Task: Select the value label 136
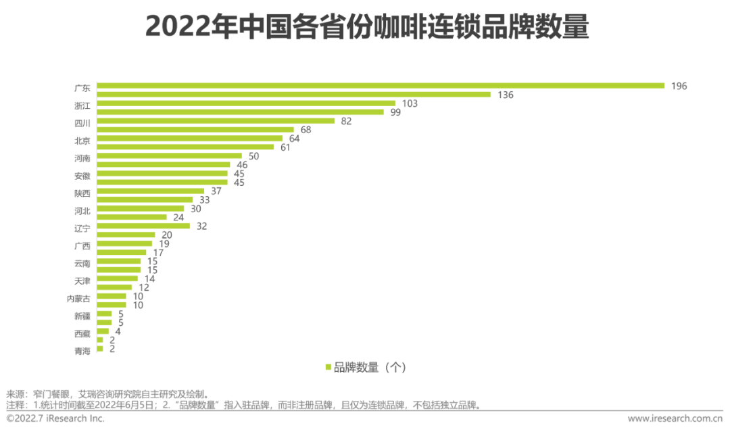(505, 95)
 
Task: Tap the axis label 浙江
(82, 105)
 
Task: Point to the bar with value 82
(216, 121)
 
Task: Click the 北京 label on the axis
(82, 141)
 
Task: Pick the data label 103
(410, 103)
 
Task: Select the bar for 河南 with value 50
(169, 156)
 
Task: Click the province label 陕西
(82, 193)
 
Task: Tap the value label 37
(216, 191)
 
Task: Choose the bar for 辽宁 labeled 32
(143, 226)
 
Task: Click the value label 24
(178, 217)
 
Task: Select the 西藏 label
(82, 333)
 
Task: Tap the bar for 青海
(100, 349)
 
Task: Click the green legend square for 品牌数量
(328, 368)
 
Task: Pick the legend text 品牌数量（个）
(369, 368)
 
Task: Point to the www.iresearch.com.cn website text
(675, 418)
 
